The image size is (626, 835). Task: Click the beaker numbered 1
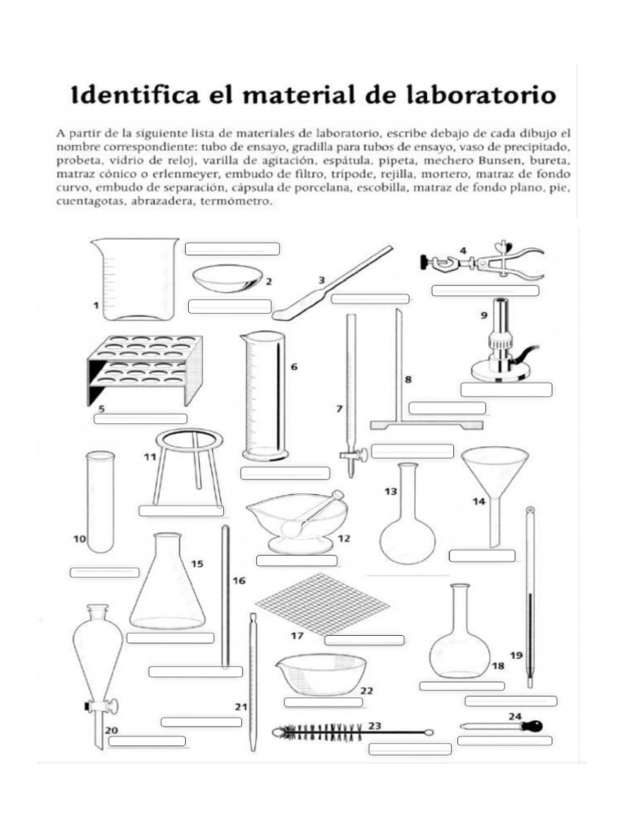point(134,279)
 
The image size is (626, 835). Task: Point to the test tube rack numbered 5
point(145,369)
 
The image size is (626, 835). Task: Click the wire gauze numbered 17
point(323,604)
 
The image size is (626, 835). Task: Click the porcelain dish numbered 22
point(321,674)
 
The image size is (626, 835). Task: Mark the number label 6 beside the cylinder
point(293,367)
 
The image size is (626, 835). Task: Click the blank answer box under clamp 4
point(486,291)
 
